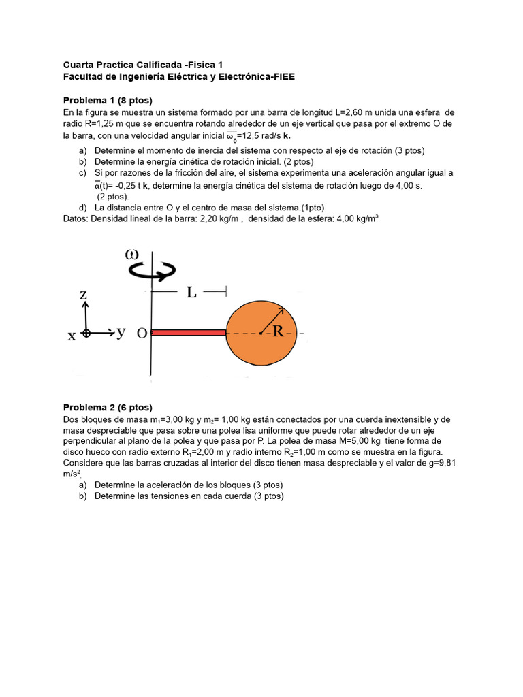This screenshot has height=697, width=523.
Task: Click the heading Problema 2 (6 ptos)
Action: point(108,407)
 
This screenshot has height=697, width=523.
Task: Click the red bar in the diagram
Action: point(189,332)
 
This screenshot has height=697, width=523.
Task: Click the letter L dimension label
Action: point(191,293)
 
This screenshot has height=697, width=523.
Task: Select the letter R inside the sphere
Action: point(278,331)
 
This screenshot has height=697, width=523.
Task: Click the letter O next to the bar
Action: point(142,334)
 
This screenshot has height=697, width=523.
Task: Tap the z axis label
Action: point(84,295)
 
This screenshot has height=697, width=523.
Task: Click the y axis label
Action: point(121,332)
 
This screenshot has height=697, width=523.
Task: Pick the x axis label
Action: point(71,335)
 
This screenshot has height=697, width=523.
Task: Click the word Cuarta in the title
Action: point(79,65)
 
